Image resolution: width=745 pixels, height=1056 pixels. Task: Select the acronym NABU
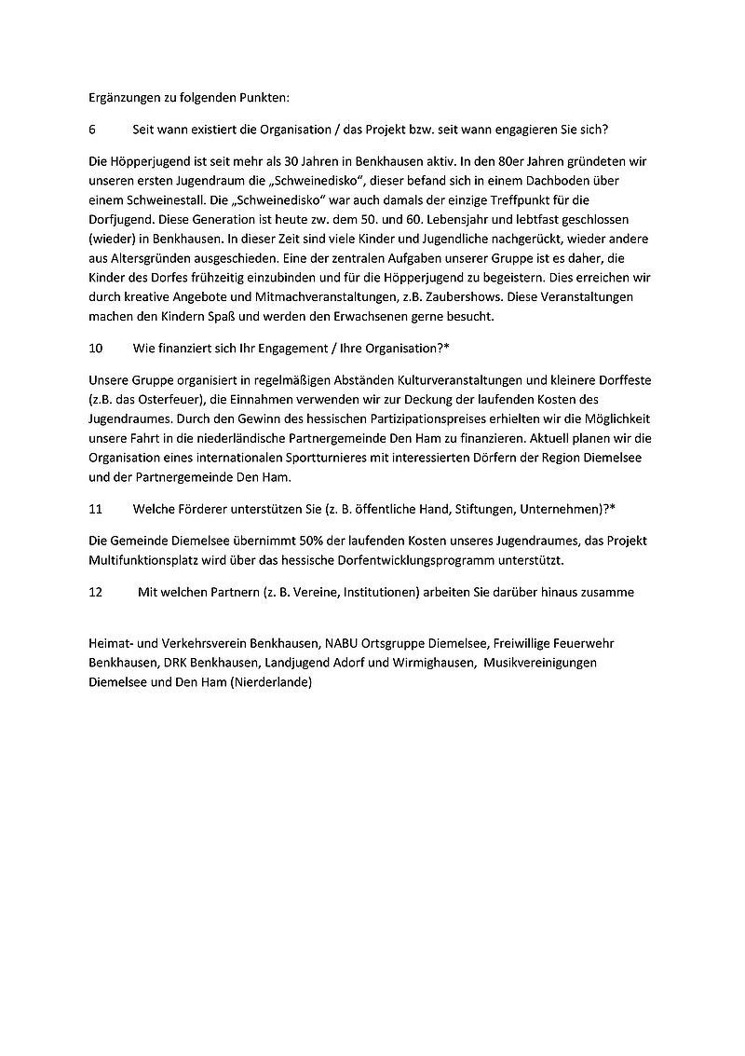click(x=348, y=644)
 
